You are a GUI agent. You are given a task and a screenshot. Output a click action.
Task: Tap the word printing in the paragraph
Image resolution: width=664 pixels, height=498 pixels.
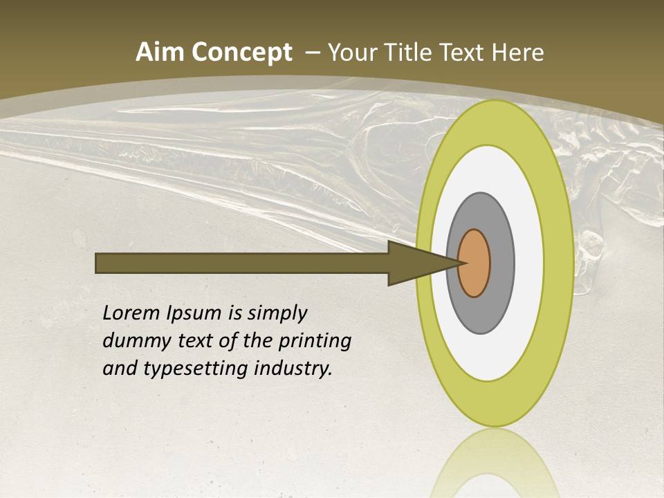coord(314,342)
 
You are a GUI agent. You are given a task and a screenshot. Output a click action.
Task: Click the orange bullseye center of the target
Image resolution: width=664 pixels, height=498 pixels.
coord(474,264)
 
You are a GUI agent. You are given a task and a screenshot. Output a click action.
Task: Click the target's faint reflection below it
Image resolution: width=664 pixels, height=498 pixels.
coord(495,463)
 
